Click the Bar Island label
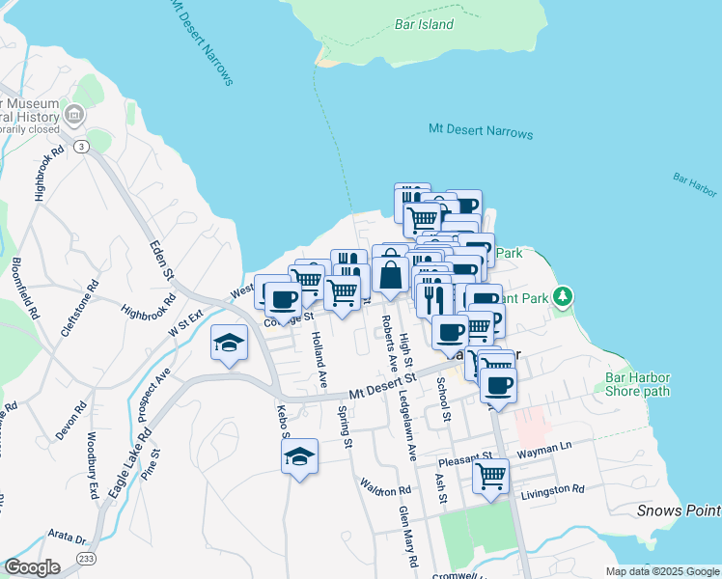424,24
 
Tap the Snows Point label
679,510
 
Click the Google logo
32,567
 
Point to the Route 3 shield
83,147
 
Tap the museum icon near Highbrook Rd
73,115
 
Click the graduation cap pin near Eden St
229,344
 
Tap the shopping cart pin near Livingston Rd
491,476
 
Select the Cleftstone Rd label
79,308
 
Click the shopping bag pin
391,274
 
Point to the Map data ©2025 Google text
661,571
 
